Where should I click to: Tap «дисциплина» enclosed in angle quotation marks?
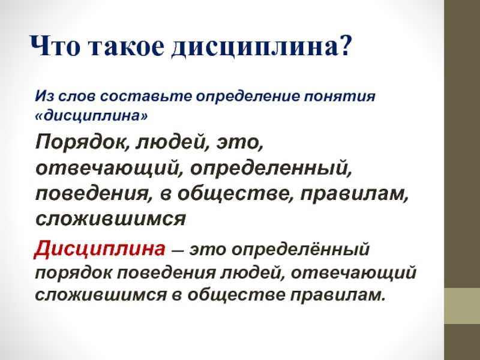pos(91,116)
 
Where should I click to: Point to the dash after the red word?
pos(178,250)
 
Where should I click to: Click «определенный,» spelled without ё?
pos(271,169)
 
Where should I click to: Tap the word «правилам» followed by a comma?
pos(354,194)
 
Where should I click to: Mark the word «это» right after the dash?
pos(208,250)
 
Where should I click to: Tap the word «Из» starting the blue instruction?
pos(44,97)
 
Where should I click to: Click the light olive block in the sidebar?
pos(462,306)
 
